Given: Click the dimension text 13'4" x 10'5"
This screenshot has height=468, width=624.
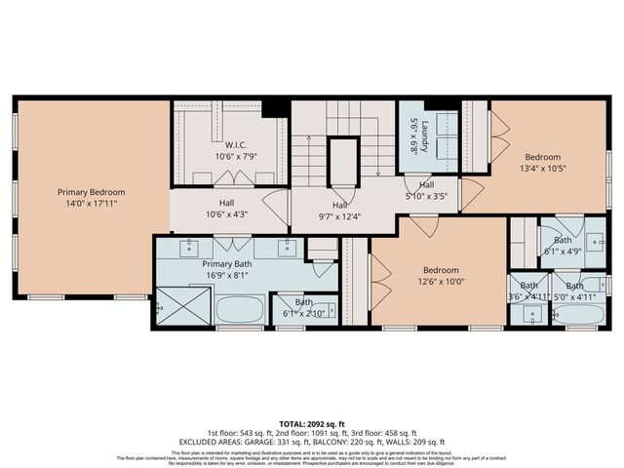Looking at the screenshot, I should coord(543,168).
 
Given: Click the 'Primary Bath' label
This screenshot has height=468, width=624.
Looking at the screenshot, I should coord(226,264).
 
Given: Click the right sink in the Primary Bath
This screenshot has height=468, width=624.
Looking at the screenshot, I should coord(290,247).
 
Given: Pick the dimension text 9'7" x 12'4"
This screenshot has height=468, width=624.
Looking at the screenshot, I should coord(339,216).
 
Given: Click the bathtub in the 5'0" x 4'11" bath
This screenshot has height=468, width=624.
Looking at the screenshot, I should coord(579,315).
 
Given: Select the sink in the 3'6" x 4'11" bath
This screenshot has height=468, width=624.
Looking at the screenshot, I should coord(530,314).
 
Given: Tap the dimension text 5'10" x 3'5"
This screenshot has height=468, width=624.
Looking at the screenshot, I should coord(426,196).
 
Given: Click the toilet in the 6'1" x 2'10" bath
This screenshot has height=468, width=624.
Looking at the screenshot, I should coord(330,311).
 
